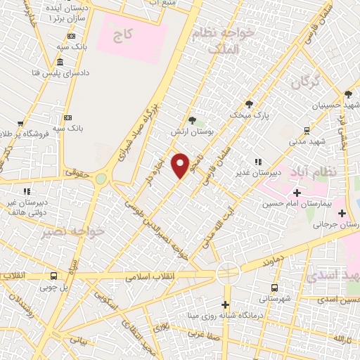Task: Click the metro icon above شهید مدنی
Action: (307, 130)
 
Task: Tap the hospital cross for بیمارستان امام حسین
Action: (297, 192)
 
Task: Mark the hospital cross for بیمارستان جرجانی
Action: (342, 212)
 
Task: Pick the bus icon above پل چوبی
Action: (54, 276)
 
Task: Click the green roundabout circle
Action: (101, 179)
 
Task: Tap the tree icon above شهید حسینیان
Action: (348, 94)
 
